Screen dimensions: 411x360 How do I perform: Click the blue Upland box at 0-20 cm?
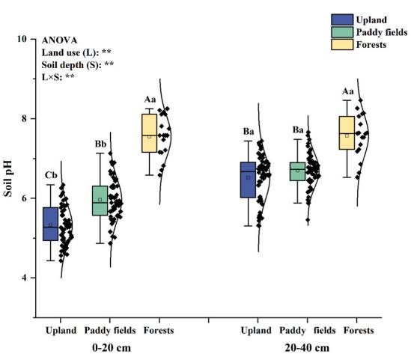(51, 224)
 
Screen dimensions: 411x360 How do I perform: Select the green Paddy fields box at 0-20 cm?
(100, 201)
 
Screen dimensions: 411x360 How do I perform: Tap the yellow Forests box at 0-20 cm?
(150, 133)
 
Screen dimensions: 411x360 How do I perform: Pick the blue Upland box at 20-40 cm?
(248, 180)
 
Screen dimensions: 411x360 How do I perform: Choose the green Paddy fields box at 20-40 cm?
(297, 171)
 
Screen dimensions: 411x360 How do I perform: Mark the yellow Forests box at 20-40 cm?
(347, 132)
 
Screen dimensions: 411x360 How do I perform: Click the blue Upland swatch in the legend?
(342, 20)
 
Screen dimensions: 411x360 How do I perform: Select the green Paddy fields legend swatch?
(342, 32)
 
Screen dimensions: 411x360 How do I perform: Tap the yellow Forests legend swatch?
(342, 45)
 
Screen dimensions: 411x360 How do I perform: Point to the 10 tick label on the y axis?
(22, 39)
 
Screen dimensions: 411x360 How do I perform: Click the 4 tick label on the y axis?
(25, 278)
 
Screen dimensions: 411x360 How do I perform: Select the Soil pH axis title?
(7, 178)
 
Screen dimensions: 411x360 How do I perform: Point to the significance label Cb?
(51, 175)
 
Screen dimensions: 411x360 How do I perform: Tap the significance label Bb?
(100, 144)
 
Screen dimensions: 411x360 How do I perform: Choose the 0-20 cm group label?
(112, 348)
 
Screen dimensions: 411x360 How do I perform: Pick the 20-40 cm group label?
(307, 348)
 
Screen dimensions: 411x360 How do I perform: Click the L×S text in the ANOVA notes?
(52, 77)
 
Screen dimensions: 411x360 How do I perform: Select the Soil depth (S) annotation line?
(78, 65)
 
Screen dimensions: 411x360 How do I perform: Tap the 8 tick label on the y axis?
(25, 119)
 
